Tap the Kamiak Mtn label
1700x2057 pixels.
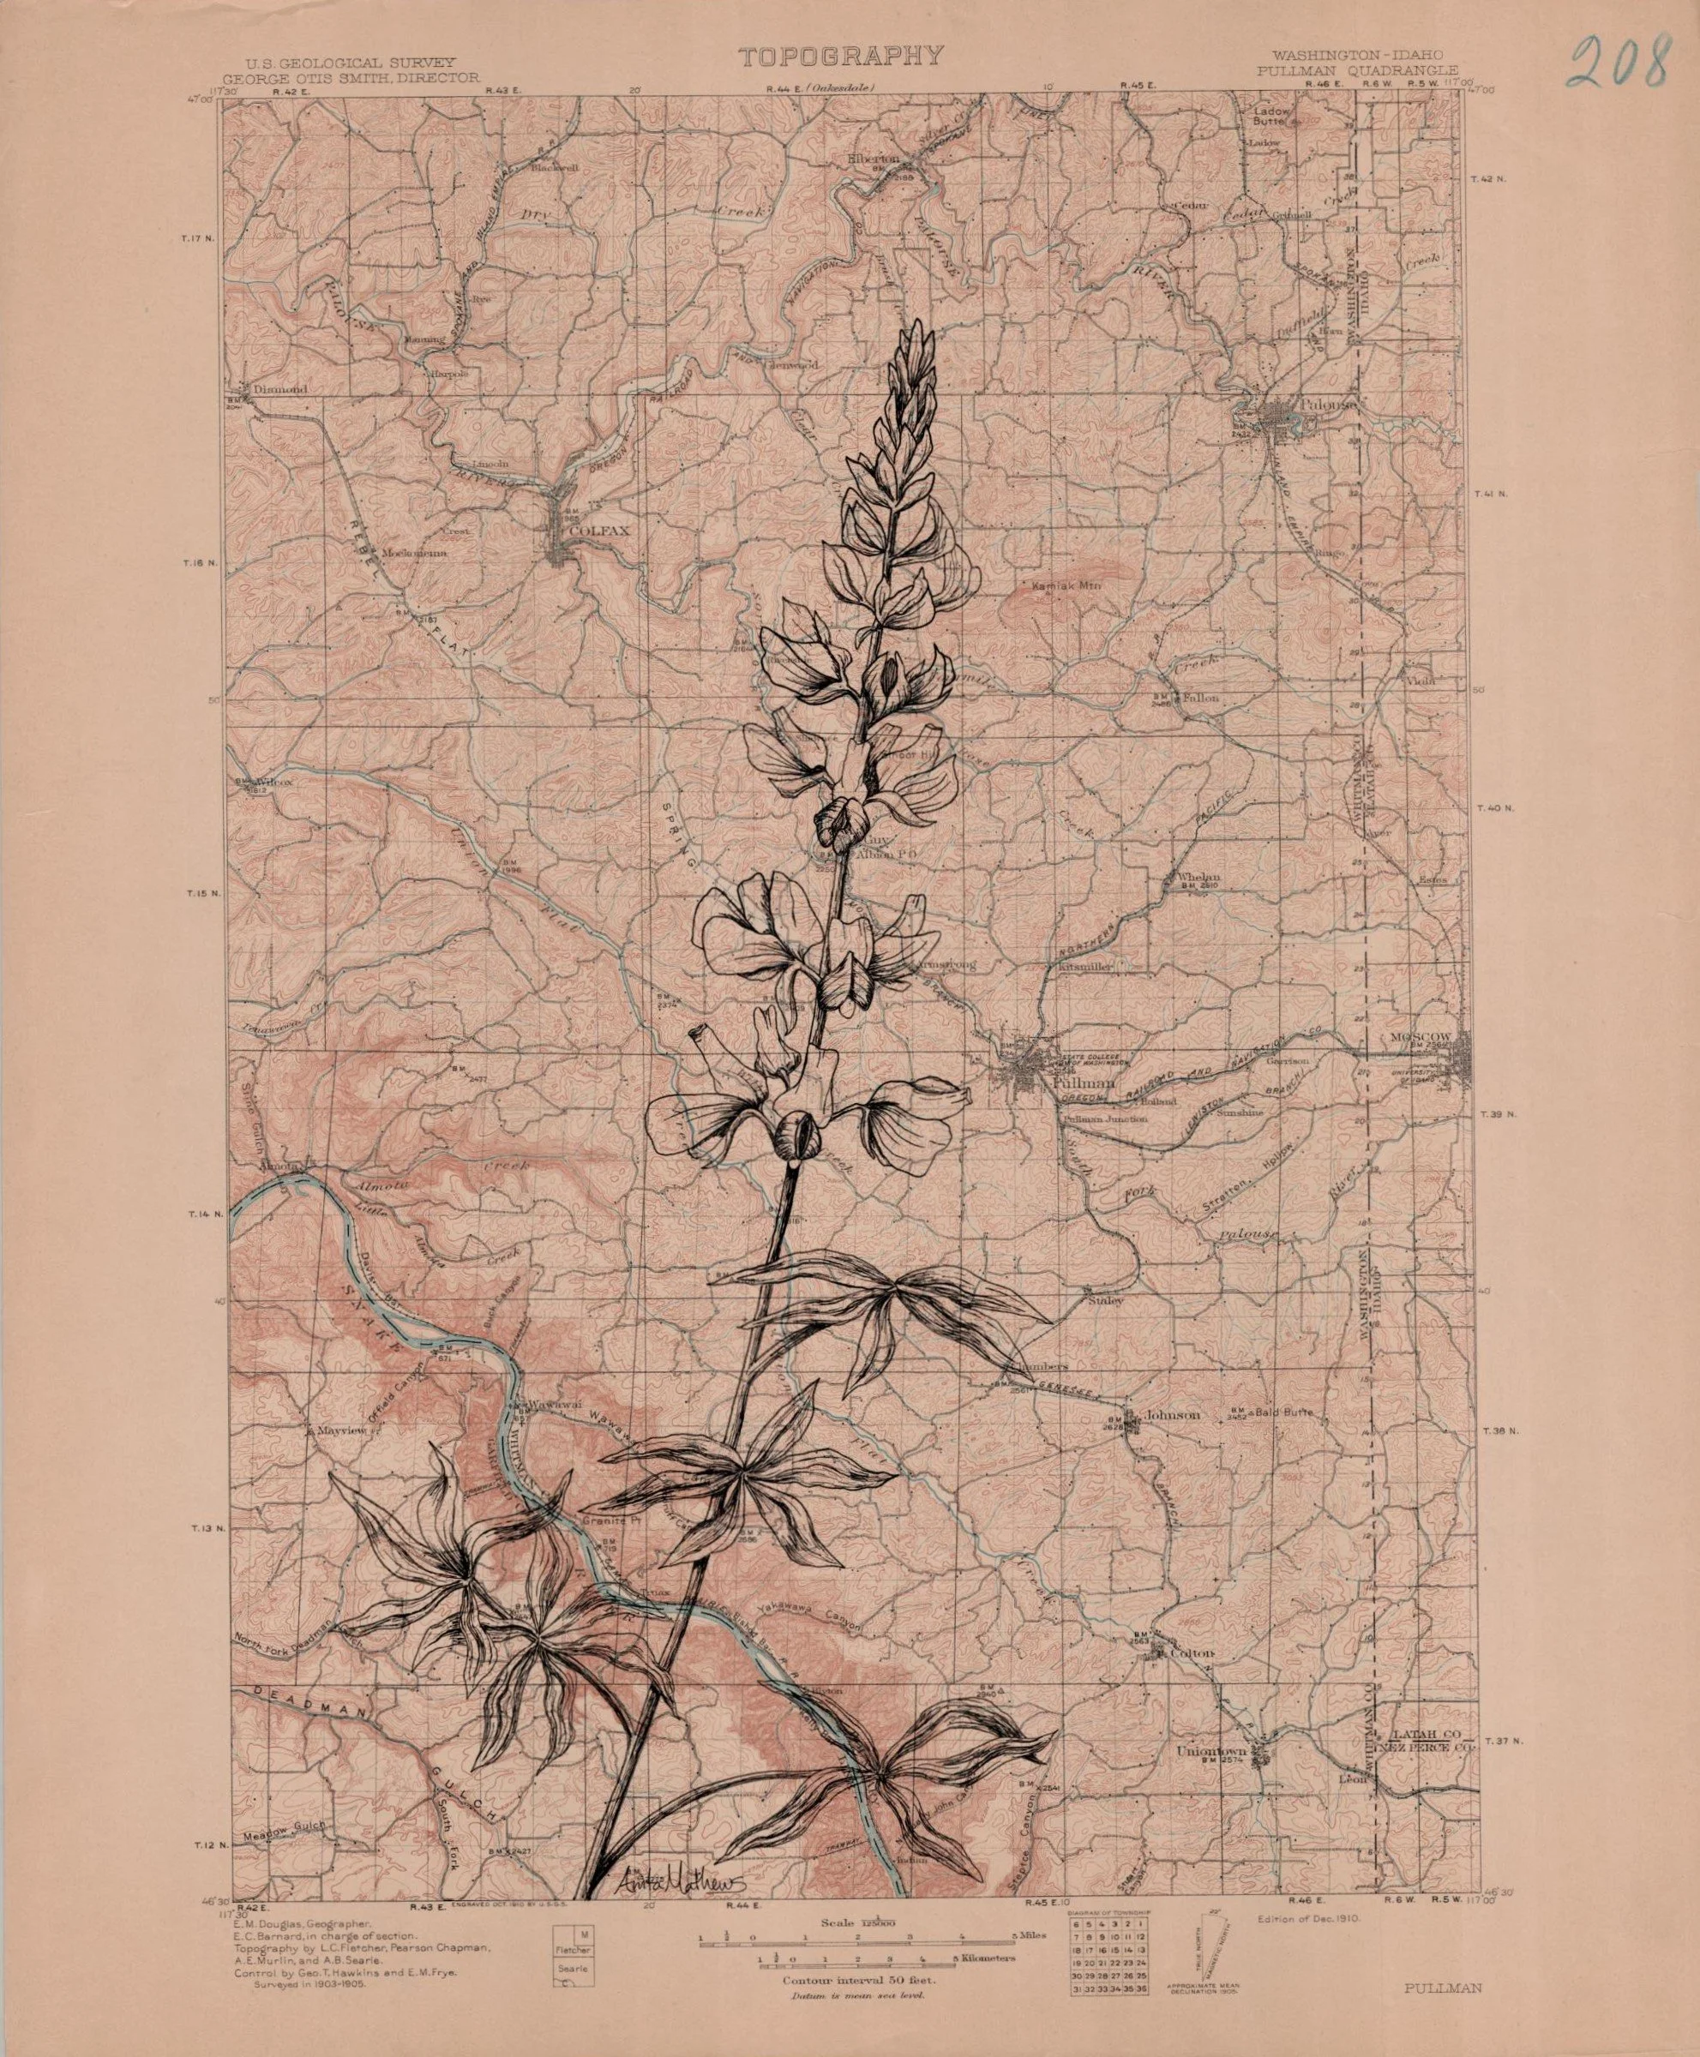pos(1060,587)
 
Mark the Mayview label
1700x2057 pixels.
pos(342,1430)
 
